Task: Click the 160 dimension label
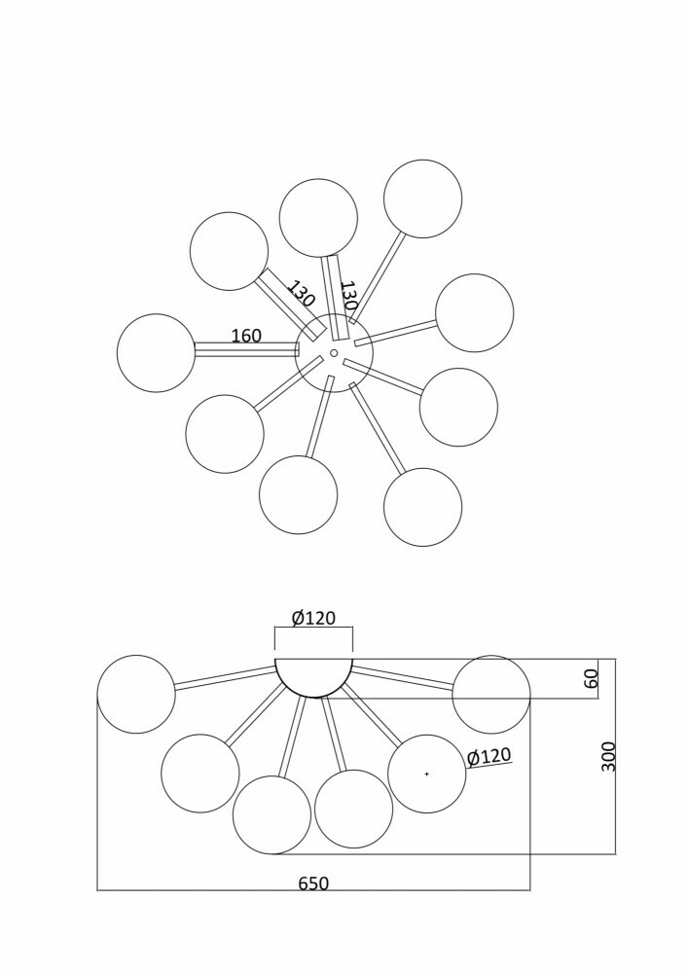pos(246,336)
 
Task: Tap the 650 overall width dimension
pos(313,883)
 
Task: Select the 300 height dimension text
pos(609,756)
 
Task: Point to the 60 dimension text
pos(592,678)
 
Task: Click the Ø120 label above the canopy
pos(313,618)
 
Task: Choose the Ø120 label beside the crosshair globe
pos(489,756)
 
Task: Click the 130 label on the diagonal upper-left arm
pos(301,294)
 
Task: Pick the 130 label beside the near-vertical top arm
pos(348,296)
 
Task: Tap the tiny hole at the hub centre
pos(334,353)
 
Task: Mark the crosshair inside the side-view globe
pos(426,774)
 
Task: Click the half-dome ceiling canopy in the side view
pos(314,677)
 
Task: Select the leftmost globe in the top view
pos(156,353)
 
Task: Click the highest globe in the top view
pos(422,198)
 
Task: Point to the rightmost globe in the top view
pos(475,312)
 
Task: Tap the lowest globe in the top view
pos(422,507)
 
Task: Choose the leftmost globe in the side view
pos(136,694)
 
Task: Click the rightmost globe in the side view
pos(491,694)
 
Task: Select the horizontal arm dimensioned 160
pos(247,349)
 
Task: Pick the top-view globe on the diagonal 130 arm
pos(229,251)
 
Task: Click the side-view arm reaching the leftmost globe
pos(225,677)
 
